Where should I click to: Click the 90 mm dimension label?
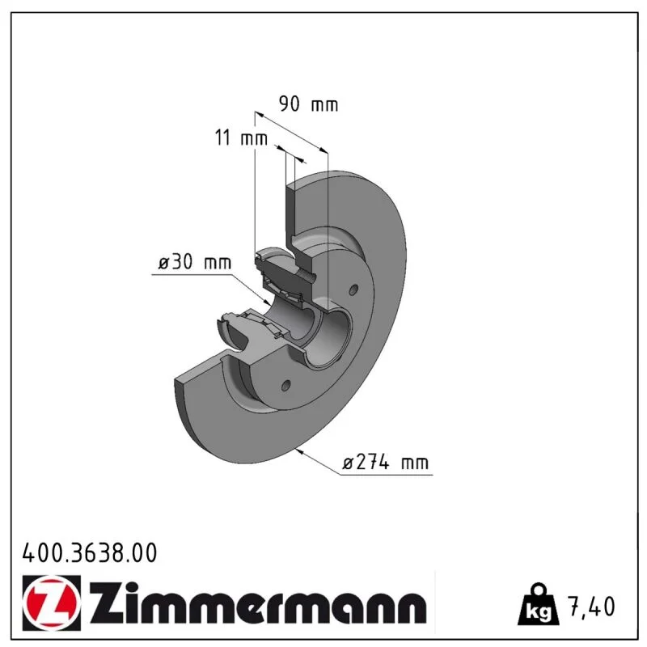308,104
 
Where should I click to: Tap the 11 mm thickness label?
241,137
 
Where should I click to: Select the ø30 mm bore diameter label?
195,262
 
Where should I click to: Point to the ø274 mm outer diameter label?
386,462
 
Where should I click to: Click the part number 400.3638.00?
90,553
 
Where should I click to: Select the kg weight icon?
539,603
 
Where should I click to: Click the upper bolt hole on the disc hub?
353,290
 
